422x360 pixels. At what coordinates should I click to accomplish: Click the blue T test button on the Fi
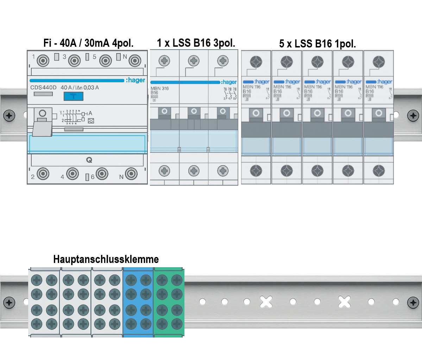point(73,96)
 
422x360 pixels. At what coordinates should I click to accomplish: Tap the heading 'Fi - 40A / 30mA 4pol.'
point(88,43)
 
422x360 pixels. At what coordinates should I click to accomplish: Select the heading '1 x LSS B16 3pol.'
point(196,43)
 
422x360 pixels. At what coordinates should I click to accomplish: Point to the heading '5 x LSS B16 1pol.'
point(317,44)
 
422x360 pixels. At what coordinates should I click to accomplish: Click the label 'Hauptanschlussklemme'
point(106,259)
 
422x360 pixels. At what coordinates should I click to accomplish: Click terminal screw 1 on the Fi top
point(43,61)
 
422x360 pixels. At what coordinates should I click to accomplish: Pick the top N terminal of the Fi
point(135,61)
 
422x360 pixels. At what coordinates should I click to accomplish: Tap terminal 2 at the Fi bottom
point(43,174)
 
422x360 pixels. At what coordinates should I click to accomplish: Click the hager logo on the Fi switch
point(136,80)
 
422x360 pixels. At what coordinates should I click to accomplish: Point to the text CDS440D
point(43,88)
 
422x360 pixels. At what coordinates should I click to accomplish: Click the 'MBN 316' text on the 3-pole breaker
point(160,88)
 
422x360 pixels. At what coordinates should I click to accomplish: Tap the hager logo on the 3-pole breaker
point(229,82)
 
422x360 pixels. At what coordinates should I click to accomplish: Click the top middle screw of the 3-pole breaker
point(194,61)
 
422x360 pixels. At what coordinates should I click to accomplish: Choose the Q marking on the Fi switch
point(89,160)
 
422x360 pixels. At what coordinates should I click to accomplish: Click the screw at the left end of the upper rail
point(9,115)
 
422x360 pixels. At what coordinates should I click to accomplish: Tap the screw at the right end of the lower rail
point(413,302)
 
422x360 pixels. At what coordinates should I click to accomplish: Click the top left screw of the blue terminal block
point(131,280)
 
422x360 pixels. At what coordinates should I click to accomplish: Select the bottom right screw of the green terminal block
point(177,324)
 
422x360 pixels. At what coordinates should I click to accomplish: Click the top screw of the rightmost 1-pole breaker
point(379,62)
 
